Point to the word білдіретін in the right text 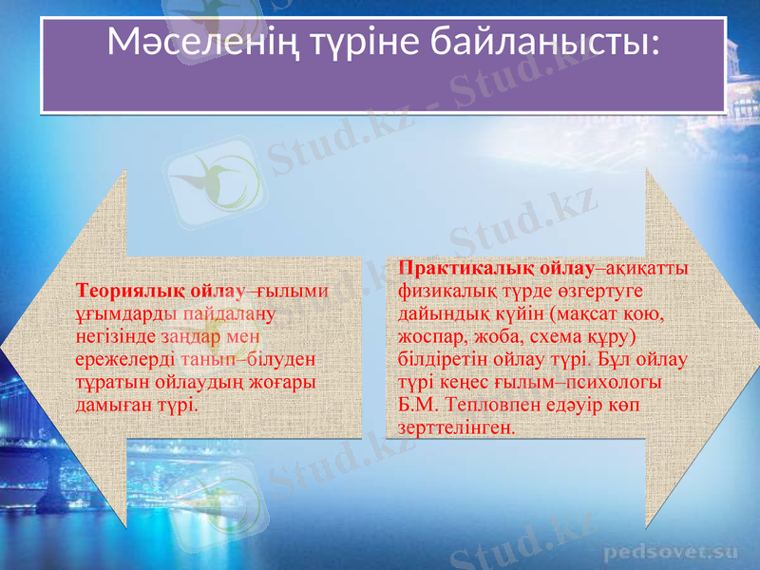point(442,359)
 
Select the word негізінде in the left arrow point(116,336)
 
